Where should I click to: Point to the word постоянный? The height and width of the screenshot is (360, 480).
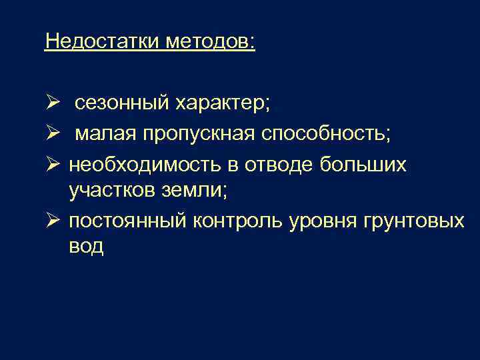pos(127,221)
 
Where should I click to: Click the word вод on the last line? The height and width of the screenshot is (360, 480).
pos(86,247)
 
